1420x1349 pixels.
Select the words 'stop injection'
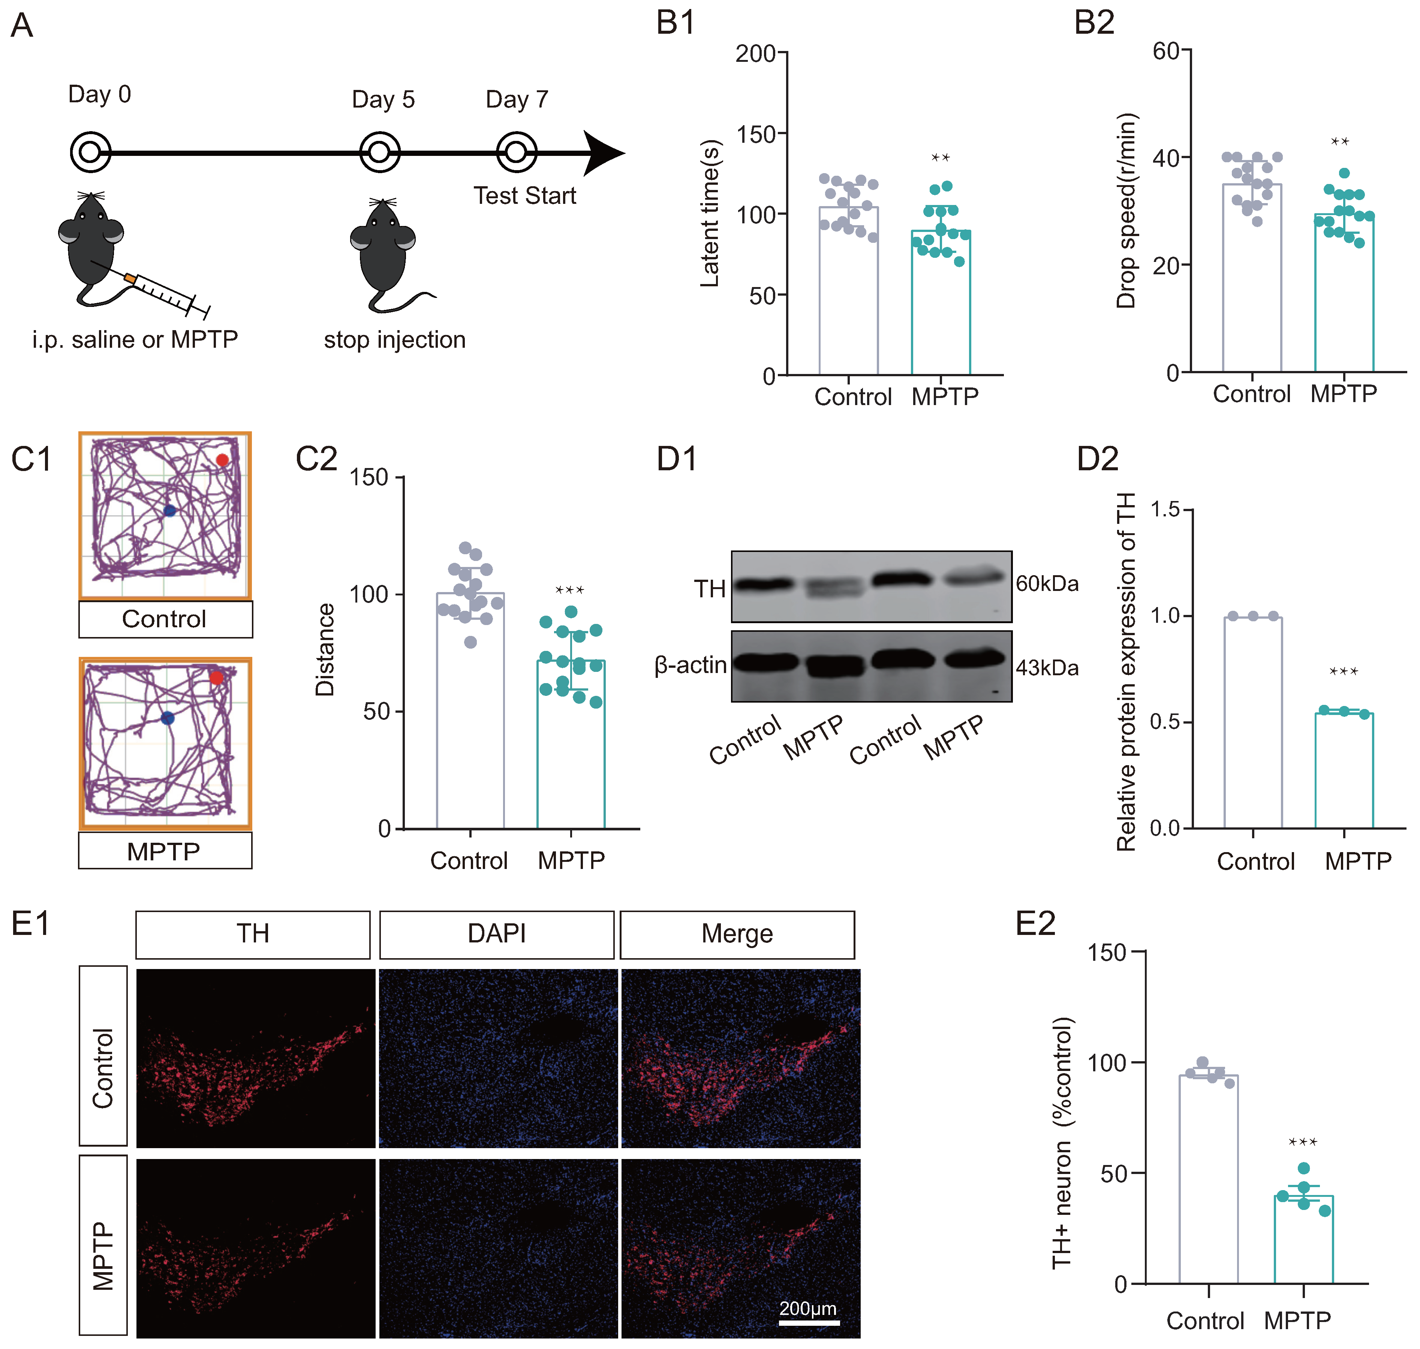[394, 339]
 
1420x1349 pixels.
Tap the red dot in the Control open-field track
[222, 459]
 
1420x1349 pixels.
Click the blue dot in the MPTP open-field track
[168, 718]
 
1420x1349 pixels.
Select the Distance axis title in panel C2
[325, 649]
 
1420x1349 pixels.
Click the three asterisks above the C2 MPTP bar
[570, 590]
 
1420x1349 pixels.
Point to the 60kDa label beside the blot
[1047, 583]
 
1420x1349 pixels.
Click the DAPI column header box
[496, 934]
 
